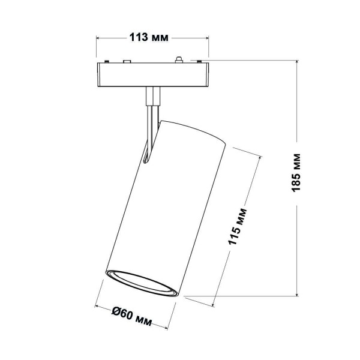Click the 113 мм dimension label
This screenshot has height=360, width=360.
149,37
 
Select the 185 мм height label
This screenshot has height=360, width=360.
295,176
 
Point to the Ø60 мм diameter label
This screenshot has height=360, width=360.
133,312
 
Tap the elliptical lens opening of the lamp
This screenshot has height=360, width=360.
141,284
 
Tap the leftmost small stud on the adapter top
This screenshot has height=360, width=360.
106,62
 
